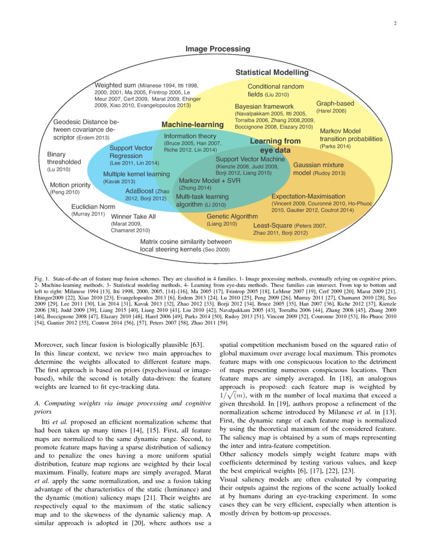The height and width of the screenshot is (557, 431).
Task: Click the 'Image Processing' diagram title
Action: [x=218, y=49]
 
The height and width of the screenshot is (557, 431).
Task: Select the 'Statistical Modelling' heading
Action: [x=272, y=72]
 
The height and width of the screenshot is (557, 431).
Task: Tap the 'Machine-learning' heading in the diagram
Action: [x=192, y=125]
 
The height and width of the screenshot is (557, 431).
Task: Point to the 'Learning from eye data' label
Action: [x=275, y=145]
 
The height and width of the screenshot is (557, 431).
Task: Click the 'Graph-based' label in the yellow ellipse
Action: [x=335, y=103]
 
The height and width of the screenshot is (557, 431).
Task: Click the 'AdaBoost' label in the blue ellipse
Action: [x=139, y=191]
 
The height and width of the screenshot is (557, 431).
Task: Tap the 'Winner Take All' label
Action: [x=133, y=216]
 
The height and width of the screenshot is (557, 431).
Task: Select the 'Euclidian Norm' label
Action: [x=93, y=207]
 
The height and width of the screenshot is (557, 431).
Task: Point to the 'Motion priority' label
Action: [x=70, y=185]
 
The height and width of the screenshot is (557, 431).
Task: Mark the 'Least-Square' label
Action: [x=273, y=225]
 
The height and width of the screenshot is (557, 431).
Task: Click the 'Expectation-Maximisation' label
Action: [x=308, y=196]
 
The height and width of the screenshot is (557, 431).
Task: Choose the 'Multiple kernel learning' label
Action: [x=136, y=174]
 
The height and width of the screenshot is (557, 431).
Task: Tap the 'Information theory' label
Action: [x=190, y=136]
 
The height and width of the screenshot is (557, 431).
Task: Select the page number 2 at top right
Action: [x=394, y=23]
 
